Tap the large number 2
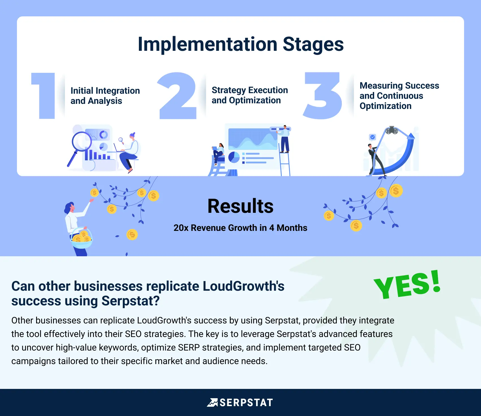coord(177,96)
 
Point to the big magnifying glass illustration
coord(80,144)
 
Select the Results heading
coord(240,206)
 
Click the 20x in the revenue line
coord(181,228)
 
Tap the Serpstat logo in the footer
coord(240,402)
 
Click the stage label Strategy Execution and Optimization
coord(250,95)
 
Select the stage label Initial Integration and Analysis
coord(105,96)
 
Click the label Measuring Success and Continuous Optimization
coord(399,96)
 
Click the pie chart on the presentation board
coord(234,157)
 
